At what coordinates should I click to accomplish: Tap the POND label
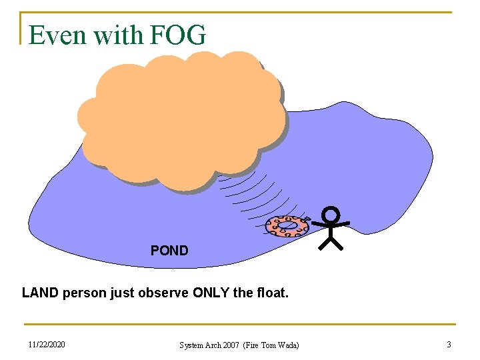point(169,251)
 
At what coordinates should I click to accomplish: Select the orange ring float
point(287,226)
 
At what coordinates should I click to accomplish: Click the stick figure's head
point(331,215)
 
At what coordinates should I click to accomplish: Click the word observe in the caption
point(159,293)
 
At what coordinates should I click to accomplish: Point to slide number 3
point(449,345)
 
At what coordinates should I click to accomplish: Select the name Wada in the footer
point(287,345)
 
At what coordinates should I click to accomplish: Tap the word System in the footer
point(192,345)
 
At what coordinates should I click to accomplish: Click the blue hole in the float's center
point(287,225)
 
